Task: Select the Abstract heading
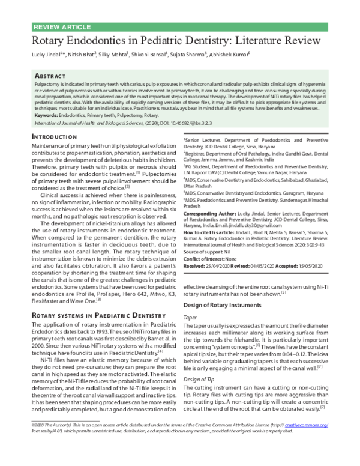point(50,77)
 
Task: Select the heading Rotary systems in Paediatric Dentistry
point(94,314)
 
